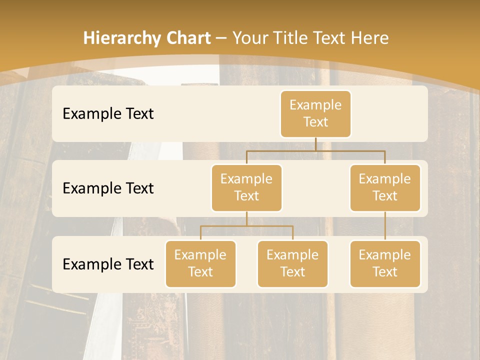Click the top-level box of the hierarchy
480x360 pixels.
click(x=315, y=114)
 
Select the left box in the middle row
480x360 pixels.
click(x=246, y=187)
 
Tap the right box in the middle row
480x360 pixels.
click(x=385, y=187)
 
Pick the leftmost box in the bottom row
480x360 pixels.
click(x=200, y=263)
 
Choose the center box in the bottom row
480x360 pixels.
click(x=292, y=263)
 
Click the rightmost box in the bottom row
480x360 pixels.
click(x=385, y=263)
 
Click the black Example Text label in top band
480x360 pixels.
click(x=108, y=114)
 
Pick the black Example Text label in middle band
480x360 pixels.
click(x=108, y=188)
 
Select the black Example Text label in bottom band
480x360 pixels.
click(x=108, y=264)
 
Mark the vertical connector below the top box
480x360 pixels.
click(x=315, y=144)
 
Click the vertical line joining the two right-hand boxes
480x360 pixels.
click(x=385, y=225)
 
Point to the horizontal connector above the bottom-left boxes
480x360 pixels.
click(x=246, y=226)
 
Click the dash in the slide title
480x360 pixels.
click(x=221, y=38)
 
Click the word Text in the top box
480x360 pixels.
click(x=315, y=122)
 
